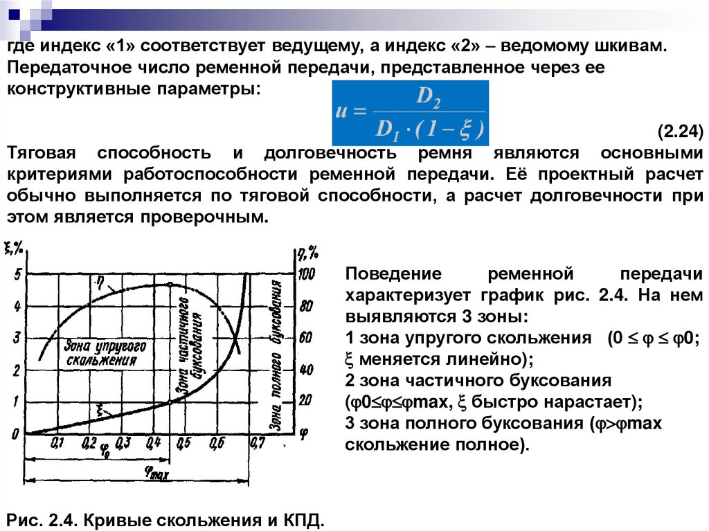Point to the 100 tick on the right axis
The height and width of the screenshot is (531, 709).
click(x=305, y=274)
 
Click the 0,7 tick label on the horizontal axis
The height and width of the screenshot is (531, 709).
click(x=257, y=442)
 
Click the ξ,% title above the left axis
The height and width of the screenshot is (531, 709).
click(x=15, y=247)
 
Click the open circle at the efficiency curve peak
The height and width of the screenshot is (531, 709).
click(x=170, y=285)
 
